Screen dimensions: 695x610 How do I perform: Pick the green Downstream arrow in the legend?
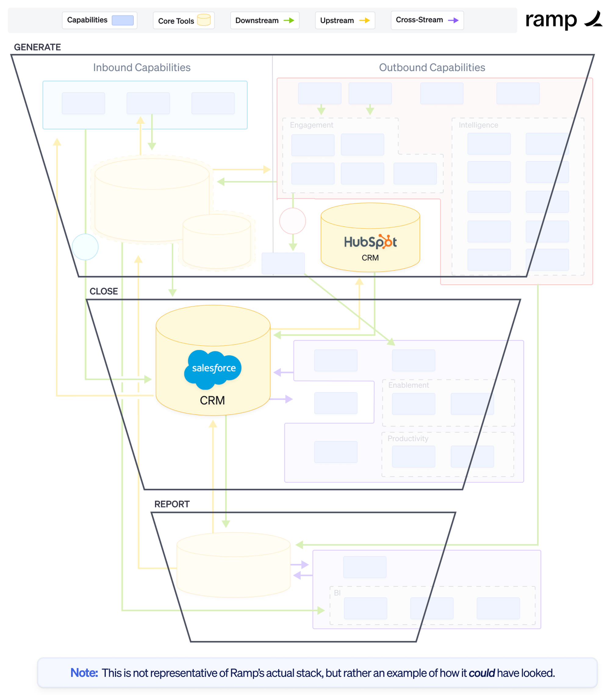click(x=289, y=20)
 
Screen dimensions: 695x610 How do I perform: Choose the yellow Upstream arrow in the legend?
click(x=364, y=20)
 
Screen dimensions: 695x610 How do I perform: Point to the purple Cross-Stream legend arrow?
click(x=453, y=20)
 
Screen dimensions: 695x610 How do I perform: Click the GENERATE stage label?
click(x=38, y=47)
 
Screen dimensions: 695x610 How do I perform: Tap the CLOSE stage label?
click(x=104, y=291)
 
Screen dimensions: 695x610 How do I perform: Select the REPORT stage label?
click(x=172, y=504)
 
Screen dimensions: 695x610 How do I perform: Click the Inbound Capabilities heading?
click(x=142, y=68)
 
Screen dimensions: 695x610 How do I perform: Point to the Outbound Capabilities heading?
click(x=432, y=68)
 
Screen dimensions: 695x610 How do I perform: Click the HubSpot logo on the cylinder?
click(x=370, y=242)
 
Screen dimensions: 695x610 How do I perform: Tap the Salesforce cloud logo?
click(x=213, y=369)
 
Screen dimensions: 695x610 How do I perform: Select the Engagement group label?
click(x=311, y=125)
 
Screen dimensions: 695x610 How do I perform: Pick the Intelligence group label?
click(x=478, y=125)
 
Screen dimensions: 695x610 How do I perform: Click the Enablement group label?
click(x=408, y=385)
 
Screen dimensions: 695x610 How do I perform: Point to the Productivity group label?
click(x=408, y=439)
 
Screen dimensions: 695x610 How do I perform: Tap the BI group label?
click(x=337, y=593)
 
